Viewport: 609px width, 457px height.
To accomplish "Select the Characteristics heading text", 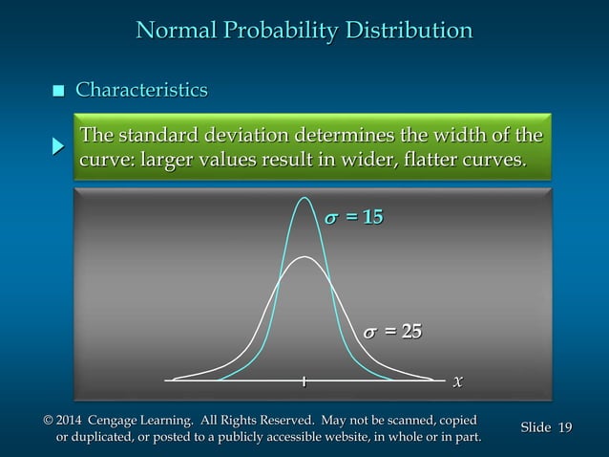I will click(141, 91).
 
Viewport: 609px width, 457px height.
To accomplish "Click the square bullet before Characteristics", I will click(58, 92).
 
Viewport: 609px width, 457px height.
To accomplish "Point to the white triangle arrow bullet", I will click(58, 146).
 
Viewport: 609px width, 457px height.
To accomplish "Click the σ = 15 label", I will click(353, 218).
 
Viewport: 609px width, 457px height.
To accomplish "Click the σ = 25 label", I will click(391, 331).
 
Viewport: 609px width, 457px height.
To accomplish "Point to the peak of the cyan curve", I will click(304, 198).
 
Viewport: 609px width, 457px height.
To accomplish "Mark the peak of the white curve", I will click(304, 257).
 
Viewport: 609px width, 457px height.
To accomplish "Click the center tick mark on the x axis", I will click(304, 381).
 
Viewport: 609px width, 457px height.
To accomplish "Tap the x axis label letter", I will click(458, 381).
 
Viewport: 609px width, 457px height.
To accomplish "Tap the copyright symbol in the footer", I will click(49, 421).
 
